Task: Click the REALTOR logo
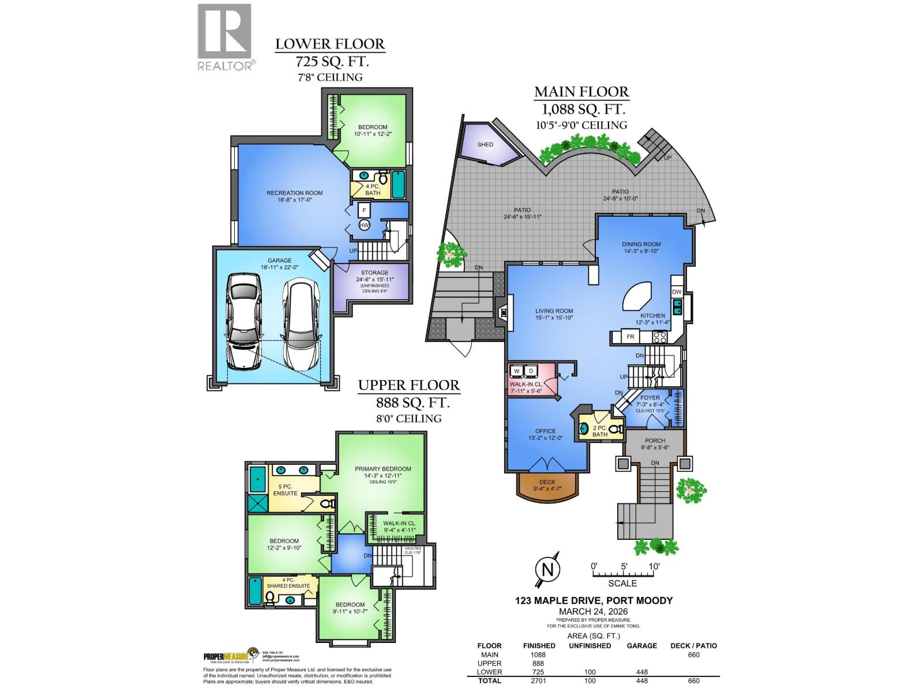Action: pyautogui.click(x=226, y=37)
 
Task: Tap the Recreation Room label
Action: pyautogui.click(x=294, y=193)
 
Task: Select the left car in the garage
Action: pyautogui.click(x=243, y=322)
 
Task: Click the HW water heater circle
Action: pyautogui.click(x=364, y=225)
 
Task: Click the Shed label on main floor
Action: pyautogui.click(x=485, y=144)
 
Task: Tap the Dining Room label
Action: pyautogui.click(x=641, y=244)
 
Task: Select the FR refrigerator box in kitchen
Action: pyautogui.click(x=631, y=336)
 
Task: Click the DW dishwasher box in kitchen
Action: pyautogui.click(x=677, y=292)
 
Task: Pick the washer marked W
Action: pyautogui.click(x=517, y=370)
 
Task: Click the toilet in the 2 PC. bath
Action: pyautogui.click(x=616, y=428)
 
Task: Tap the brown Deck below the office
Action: pyautogui.click(x=546, y=486)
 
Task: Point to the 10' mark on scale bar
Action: pyautogui.click(x=654, y=566)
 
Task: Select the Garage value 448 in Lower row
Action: pyautogui.click(x=641, y=672)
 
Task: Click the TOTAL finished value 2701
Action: pyautogui.click(x=539, y=681)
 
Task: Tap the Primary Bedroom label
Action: pyautogui.click(x=382, y=469)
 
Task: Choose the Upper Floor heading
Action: pyautogui.click(x=408, y=385)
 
